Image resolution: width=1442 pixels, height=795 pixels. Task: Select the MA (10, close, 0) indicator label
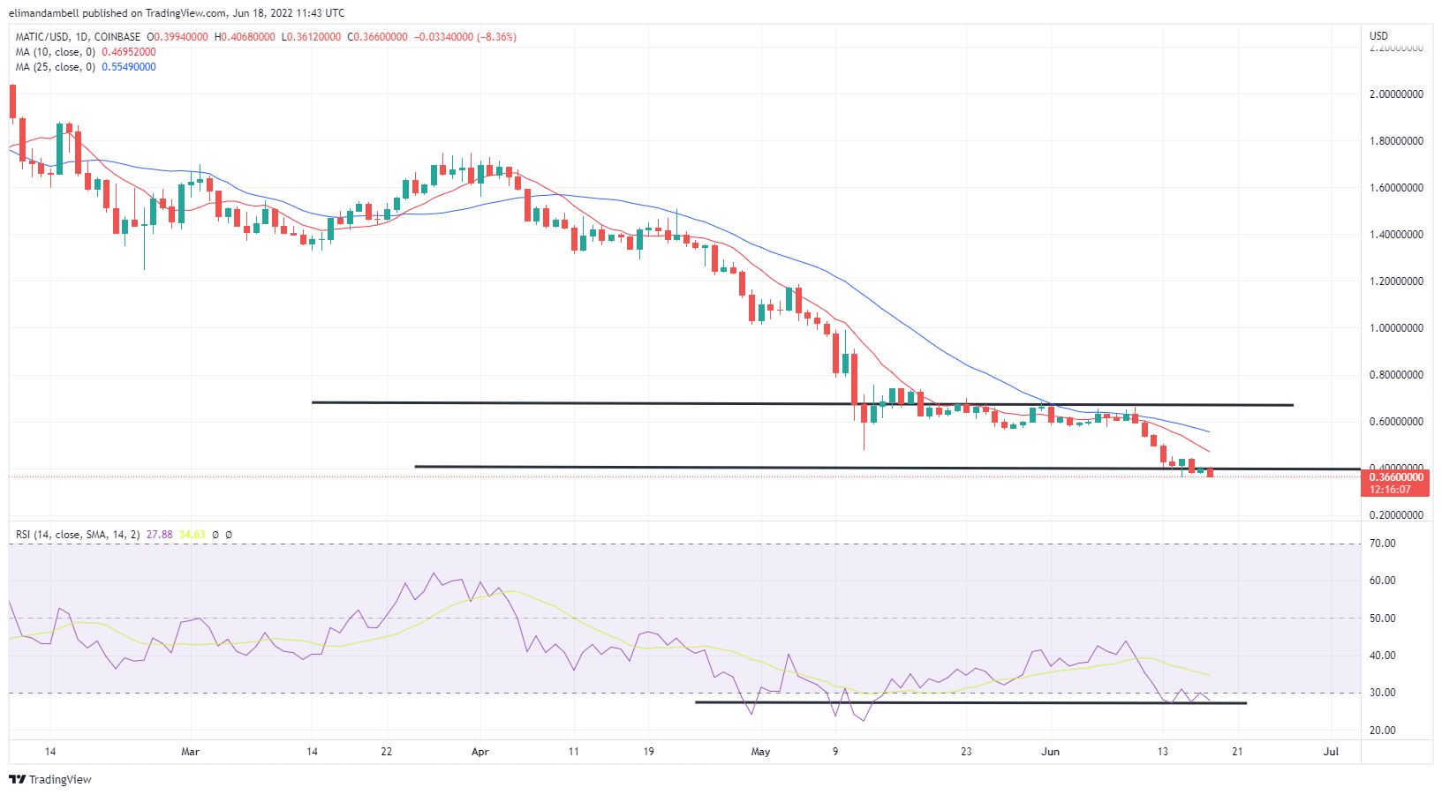(55, 52)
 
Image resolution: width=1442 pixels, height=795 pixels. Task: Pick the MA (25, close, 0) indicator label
(55, 67)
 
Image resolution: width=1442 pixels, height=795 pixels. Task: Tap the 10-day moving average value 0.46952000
(129, 52)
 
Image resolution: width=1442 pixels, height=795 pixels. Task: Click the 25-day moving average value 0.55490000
(129, 67)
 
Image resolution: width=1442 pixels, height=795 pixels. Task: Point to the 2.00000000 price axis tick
(1396, 94)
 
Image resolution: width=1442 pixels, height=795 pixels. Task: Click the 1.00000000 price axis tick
(1396, 328)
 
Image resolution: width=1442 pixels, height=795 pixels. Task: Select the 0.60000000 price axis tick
(1396, 422)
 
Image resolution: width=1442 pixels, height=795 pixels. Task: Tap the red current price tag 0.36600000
(1396, 477)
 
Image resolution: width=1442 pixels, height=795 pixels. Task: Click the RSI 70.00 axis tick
(1382, 544)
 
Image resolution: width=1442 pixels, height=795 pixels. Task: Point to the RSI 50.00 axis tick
(1382, 619)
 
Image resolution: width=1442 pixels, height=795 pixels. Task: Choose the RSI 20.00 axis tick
(1382, 731)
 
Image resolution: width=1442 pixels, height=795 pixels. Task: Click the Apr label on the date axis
(480, 753)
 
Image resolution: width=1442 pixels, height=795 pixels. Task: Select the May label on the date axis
(760, 753)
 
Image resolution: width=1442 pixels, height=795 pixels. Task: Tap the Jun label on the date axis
(1050, 753)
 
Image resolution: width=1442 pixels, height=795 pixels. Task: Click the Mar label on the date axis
(190, 753)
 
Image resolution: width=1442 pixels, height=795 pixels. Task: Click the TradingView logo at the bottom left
(50, 780)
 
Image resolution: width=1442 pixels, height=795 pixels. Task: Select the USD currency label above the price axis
(1378, 36)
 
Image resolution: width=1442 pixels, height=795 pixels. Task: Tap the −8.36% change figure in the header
(496, 37)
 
